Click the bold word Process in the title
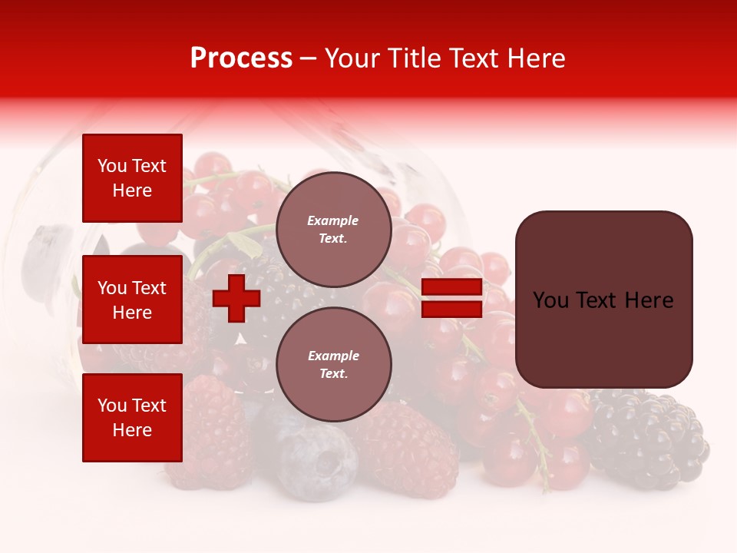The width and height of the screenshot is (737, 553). pyautogui.click(x=241, y=58)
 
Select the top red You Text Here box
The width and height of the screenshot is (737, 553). pyautogui.click(x=132, y=178)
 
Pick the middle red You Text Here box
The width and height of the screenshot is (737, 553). pyautogui.click(x=132, y=300)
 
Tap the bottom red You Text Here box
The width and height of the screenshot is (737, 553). pyautogui.click(x=132, y=418)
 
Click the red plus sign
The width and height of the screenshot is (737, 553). pyautogui.click(x=236, y=298)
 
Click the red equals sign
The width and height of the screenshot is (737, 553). pyautogui.click(x=452, y=298)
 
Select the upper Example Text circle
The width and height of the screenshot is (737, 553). pyautogui.click(x=333, y=229)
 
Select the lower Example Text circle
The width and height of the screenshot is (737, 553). pyautogui.click(x=333, y=364)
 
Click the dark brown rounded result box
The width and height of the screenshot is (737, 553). pyautogui.click(x=603, y=300)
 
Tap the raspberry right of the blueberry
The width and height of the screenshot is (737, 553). pyautogui.click(x=407, y=453)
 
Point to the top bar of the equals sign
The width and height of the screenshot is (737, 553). pyautogui.click(x=452, y=287)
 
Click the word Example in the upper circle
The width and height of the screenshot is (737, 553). pyautogui.click(x=333, y=220)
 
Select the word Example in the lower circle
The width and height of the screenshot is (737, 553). pyautogui.click(x=333, y=356)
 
